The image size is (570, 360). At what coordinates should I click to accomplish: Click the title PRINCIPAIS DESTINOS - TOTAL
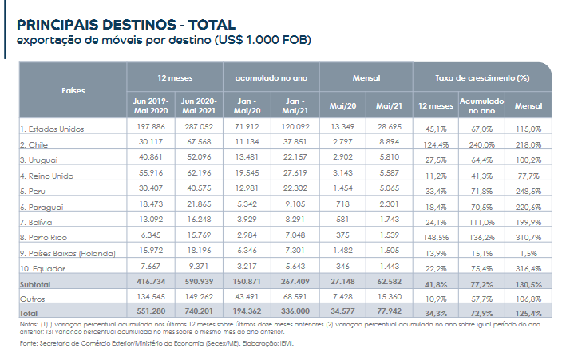pos(126,25)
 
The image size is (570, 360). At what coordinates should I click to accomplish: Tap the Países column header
pos(73,90)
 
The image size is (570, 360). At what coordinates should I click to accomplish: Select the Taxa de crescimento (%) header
pos(482,77)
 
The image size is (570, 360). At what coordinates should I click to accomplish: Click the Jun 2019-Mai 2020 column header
pos(151,106)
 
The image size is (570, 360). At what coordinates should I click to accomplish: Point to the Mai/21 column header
pos(389,106)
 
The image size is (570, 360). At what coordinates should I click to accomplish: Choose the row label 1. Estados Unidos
pos(52,129)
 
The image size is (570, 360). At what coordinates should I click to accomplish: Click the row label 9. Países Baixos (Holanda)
pos(68,253)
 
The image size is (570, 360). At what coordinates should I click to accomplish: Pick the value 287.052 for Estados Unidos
pos(199,127)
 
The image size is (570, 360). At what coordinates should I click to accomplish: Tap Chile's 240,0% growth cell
pos(481,144)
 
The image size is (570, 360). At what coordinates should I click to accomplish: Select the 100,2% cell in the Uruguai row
pos(528,160)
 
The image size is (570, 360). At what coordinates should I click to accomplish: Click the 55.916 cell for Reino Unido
pos(151,172)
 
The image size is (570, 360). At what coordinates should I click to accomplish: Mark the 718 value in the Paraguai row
pos(342,204)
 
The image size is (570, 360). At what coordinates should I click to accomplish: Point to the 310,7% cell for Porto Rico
pos(528,237)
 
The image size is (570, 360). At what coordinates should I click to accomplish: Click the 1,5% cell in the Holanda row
pos(529,253)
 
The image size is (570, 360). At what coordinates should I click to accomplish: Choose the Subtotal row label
pos(35,284)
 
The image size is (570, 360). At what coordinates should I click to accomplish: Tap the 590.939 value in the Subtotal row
pos(199,282)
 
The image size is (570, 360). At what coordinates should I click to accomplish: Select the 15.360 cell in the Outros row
pos(390,296)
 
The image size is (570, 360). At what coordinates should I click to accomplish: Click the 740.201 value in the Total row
pos(199,311)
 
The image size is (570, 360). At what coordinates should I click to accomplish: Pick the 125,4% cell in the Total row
pos(528,313)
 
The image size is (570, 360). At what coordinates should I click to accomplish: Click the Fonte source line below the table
pos(156,343)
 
